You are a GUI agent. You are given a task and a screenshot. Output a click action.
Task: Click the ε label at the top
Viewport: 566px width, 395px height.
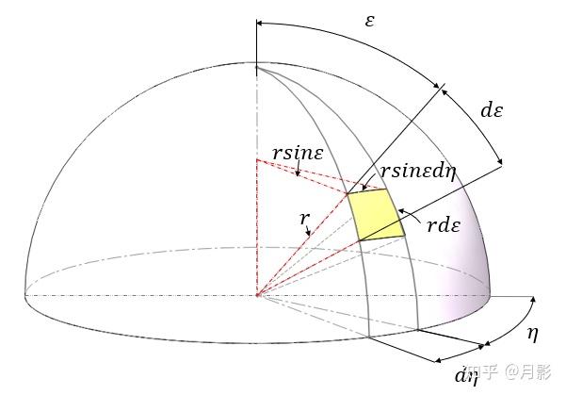[x=369, y=20]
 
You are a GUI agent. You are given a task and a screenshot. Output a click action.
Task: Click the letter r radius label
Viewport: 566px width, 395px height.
[x=304, y=220]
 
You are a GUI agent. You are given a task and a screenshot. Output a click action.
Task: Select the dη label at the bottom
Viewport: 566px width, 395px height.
[x=467, y=377]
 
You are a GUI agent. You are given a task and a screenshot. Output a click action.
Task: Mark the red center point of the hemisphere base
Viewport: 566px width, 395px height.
[x=256, y=296]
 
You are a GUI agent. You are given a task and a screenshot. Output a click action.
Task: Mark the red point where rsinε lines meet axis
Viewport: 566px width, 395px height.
[x=256, y=160]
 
